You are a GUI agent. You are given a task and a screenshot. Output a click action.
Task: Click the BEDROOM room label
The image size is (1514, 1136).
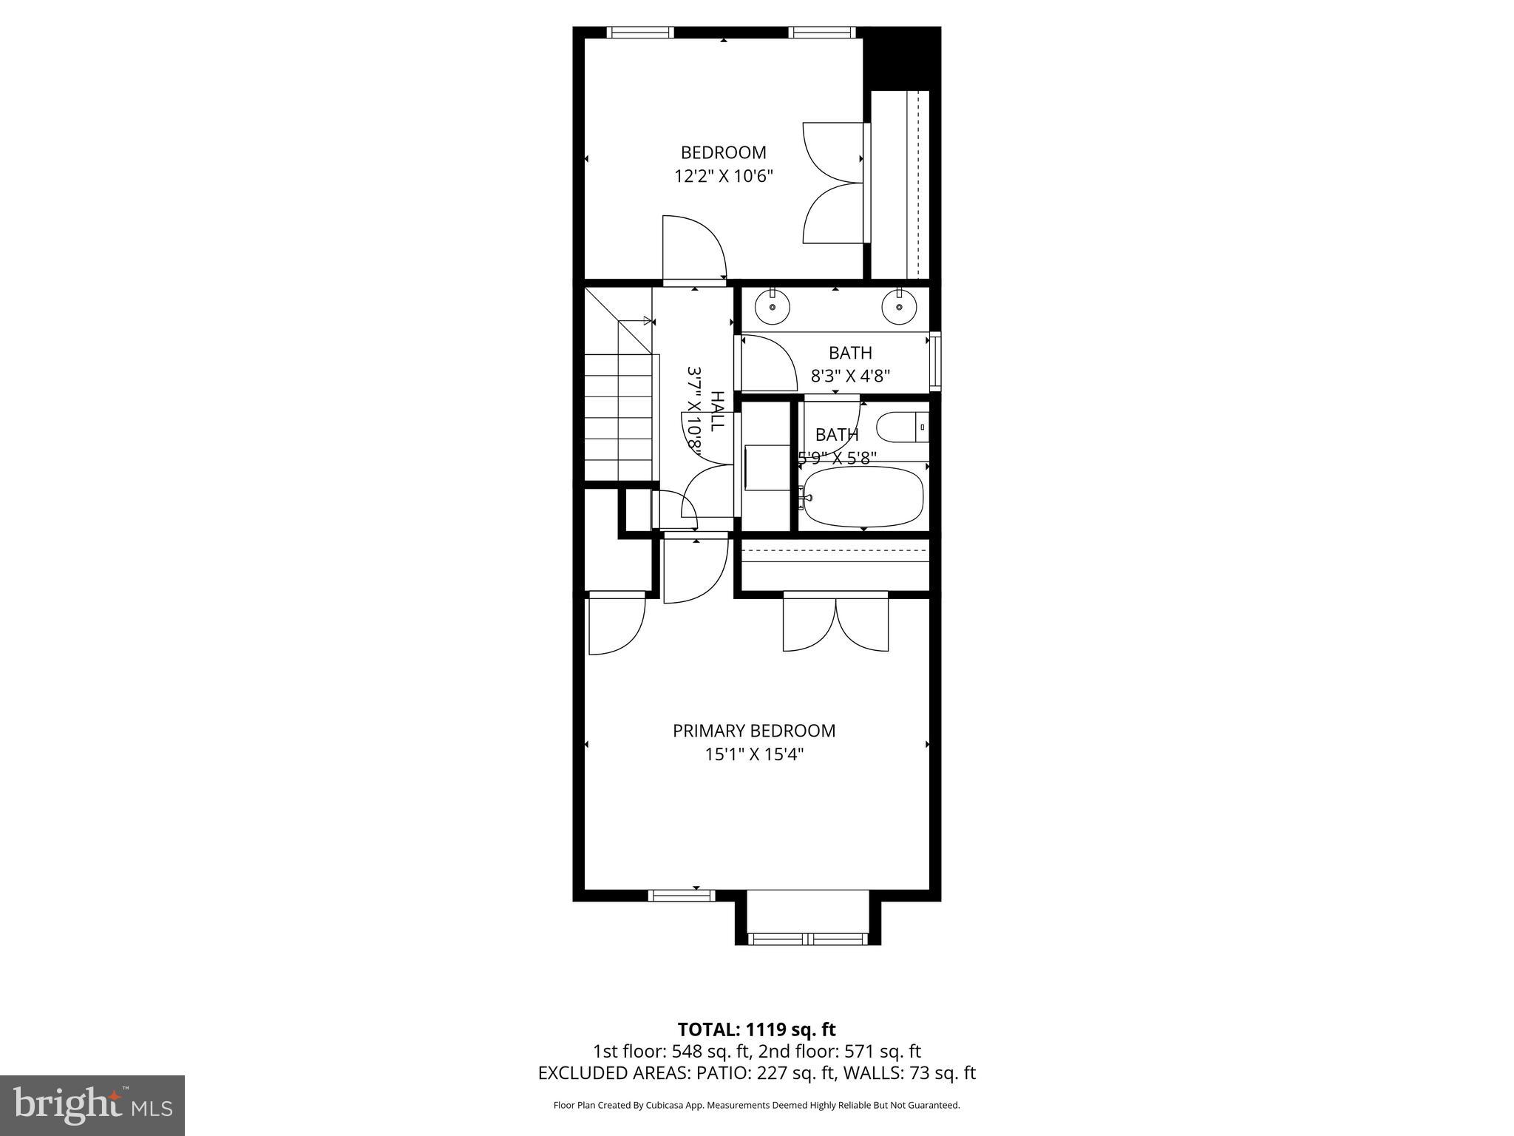[x=723, y=152]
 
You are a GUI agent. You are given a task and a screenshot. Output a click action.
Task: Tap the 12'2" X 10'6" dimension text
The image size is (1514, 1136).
[x=723, y=176]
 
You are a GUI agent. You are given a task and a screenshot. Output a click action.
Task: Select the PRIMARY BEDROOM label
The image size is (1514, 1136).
[x=753, y=731]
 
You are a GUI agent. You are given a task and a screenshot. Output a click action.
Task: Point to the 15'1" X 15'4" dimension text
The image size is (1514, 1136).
[x=753, y=754]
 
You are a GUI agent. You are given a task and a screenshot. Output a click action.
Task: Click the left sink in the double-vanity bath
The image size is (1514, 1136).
[x=773, y=306]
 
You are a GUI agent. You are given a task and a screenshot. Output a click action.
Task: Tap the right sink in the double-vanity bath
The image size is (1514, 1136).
[x=899, y=306]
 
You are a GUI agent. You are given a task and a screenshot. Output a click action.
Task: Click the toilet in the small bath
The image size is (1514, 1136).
[x=901, y=427]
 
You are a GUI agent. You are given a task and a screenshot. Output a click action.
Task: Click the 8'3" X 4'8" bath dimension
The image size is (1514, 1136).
[x=850, y=376]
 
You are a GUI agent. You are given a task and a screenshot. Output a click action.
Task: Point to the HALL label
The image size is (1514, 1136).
[x=716, y=411]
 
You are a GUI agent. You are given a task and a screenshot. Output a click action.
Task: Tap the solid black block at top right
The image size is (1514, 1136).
[x=901, y=58]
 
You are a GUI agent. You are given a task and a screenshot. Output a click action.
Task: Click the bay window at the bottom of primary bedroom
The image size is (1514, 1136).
[x=807, y=939]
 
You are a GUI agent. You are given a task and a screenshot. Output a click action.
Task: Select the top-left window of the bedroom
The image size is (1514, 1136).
[x=640, y=32]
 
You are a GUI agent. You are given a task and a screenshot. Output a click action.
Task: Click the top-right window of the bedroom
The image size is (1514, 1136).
[x=821, y=32]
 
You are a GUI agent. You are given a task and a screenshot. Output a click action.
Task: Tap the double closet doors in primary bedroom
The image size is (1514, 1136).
[x=835, y=623]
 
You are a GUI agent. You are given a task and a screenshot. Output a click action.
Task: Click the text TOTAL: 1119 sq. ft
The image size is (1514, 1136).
[x=756, y=1029]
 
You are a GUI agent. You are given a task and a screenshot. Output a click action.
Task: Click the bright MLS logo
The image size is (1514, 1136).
[x=92, y=1105]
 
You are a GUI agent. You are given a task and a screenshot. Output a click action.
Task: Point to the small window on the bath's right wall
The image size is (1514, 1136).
[x=935, y=362]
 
